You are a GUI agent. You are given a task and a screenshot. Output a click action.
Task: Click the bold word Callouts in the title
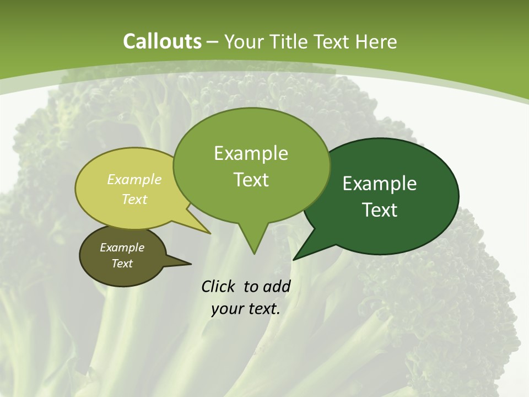[162, 41]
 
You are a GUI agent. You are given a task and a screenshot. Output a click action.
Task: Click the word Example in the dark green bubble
[380, 184]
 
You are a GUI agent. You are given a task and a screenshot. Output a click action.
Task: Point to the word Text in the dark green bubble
[380, 210]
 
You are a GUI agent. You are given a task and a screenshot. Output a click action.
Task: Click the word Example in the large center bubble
[251, 153]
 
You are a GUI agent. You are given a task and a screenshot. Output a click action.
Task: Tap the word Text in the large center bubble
[251, 180]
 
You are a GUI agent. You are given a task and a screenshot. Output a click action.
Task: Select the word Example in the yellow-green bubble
[134, 179]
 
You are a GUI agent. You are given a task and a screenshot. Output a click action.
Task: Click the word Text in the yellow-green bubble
[134, 199]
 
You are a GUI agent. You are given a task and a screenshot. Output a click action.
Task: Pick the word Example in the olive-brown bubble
[122, 248]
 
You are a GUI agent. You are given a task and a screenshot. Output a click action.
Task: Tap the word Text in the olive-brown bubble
[122, 264]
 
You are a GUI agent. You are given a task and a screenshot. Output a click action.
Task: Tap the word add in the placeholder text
[276, 287]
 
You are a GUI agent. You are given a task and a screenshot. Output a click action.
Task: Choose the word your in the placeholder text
[226, 309]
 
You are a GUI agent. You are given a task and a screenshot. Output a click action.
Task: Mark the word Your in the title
[243, 41]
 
